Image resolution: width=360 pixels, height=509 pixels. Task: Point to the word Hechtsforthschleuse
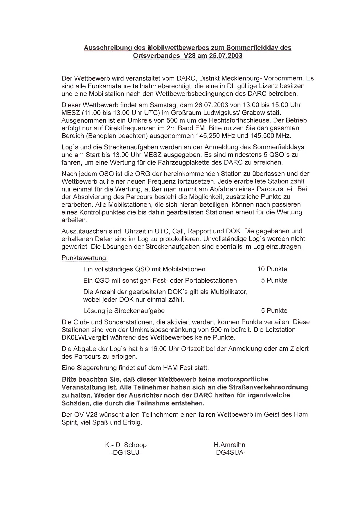point(235,120)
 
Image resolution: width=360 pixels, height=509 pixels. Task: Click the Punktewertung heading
point(84,258)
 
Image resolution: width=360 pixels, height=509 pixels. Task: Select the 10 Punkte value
point(272,269)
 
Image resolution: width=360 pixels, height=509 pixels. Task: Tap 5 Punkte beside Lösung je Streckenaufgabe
point(274,311)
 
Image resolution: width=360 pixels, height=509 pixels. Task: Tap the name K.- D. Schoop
point(126,445)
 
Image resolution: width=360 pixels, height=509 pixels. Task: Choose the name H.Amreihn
point(229,445)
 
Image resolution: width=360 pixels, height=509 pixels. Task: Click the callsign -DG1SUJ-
point(126,453)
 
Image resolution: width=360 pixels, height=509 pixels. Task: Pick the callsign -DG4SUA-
point(229,453)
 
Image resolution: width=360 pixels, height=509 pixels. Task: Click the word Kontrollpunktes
point(102,212)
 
